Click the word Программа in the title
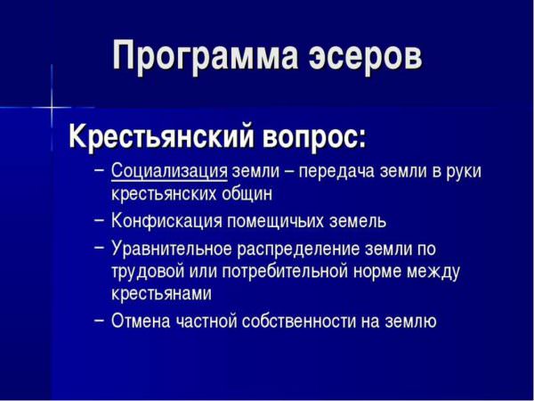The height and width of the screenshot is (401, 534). (x=206, y=55)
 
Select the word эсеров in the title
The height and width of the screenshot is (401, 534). (x=365, y=55)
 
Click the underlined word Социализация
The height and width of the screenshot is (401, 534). (x=169, y=171)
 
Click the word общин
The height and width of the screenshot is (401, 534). (x=247, y=194)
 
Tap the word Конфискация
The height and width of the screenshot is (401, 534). (x=166, y=221)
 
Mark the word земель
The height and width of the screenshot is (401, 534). (x=358, y=222)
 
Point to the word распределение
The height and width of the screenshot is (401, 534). (x=299, y=250)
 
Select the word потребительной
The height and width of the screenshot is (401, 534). (x=285, y=273)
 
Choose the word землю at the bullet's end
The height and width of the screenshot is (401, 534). (x=410, y=322)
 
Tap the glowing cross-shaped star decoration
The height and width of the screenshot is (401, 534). (x=52, y=108)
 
